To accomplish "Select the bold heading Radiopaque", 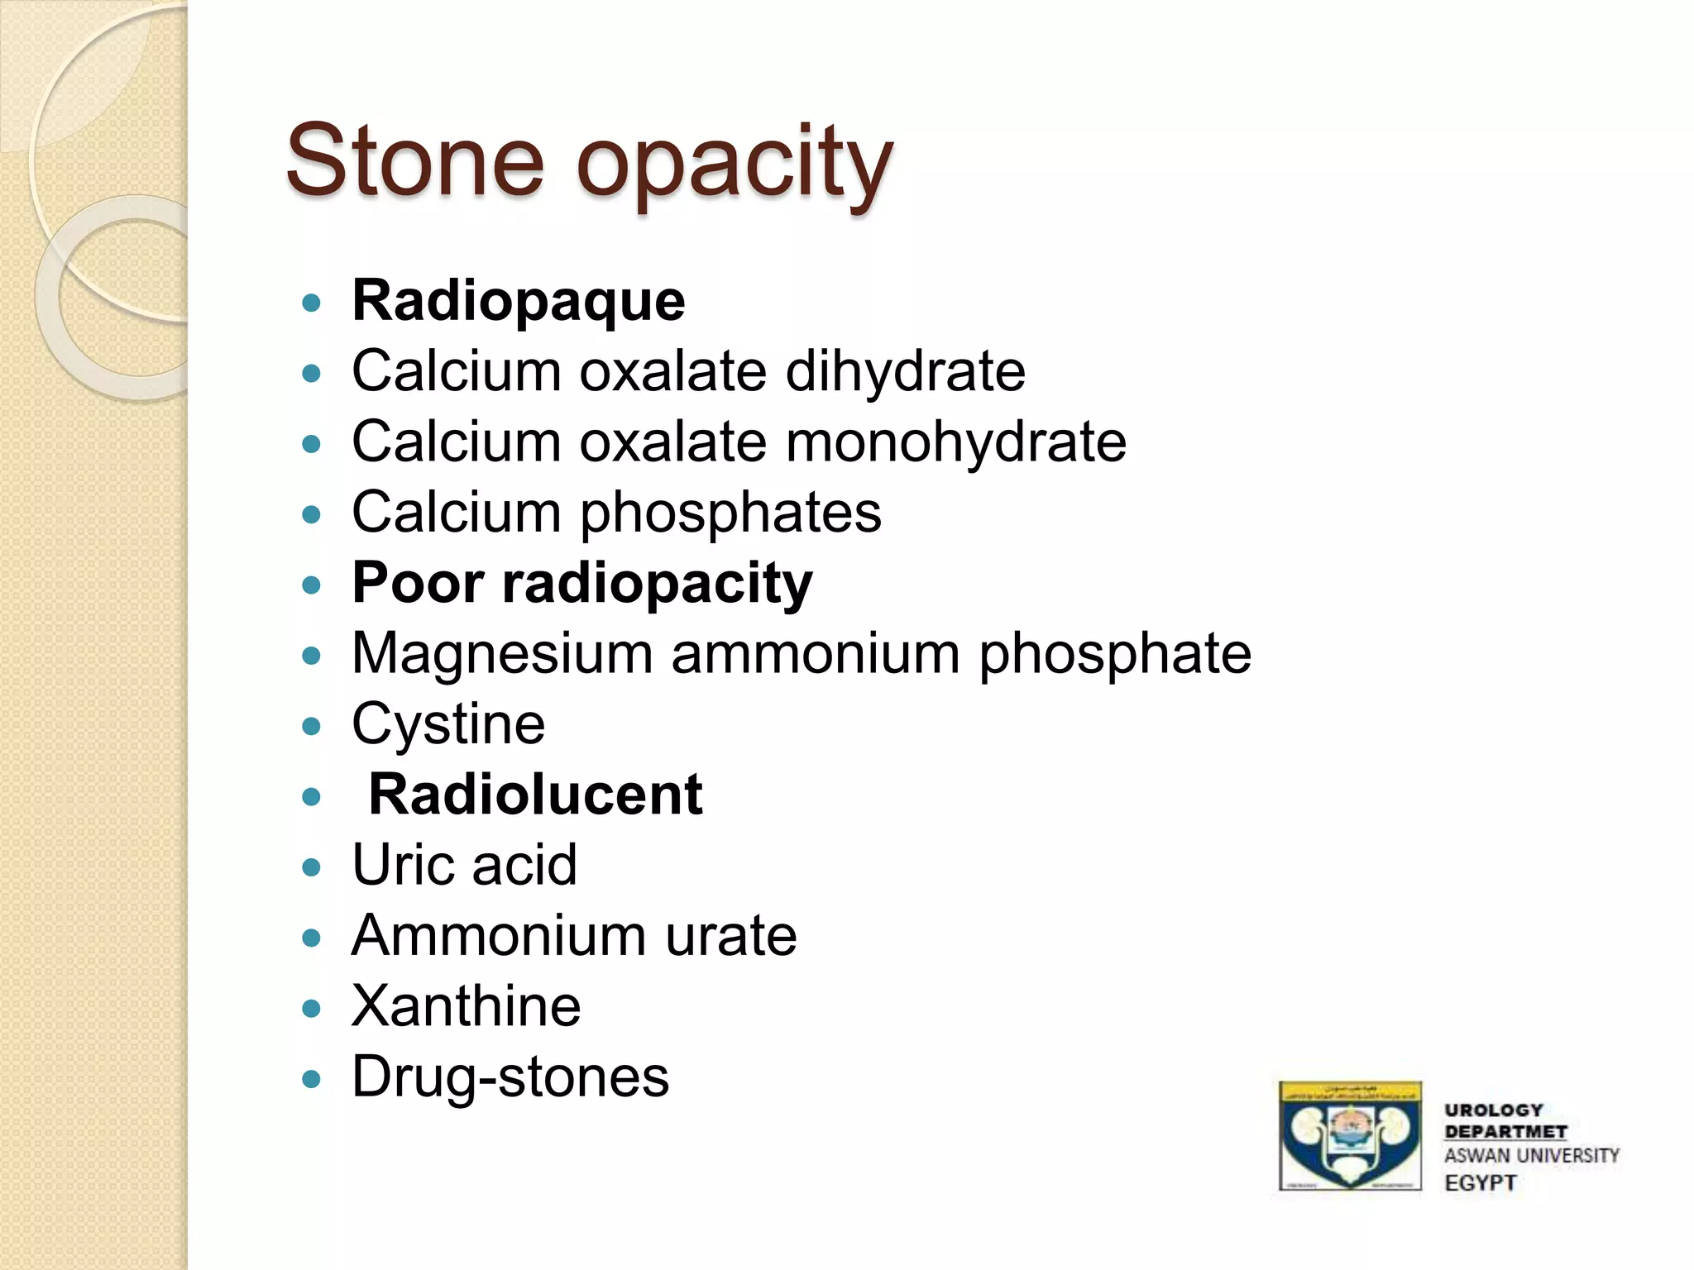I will tap(519, 301).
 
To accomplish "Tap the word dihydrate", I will tap(905, 371).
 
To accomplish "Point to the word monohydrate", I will tap(955, 442).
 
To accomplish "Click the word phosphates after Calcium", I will tap(730, 513).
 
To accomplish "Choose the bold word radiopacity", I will tap(657, 584).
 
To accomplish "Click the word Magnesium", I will tap(503, 654).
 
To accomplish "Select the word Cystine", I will tap(448, 725).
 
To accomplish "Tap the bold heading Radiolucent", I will tap(535, 795).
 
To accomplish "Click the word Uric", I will tap(403, 866).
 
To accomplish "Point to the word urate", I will tap(731, 936).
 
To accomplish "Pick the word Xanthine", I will tap(467, 1006).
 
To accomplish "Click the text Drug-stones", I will tap(510, 1077).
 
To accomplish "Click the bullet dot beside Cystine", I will tap(312, 727).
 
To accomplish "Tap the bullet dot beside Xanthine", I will tap(312, 1009).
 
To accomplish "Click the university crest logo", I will tap(1350, 1135).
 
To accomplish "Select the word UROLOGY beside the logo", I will tap(1494, 1110).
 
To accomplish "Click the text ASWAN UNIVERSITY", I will tap(1531, 1156).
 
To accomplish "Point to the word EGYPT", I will tap(1480, 1183).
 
